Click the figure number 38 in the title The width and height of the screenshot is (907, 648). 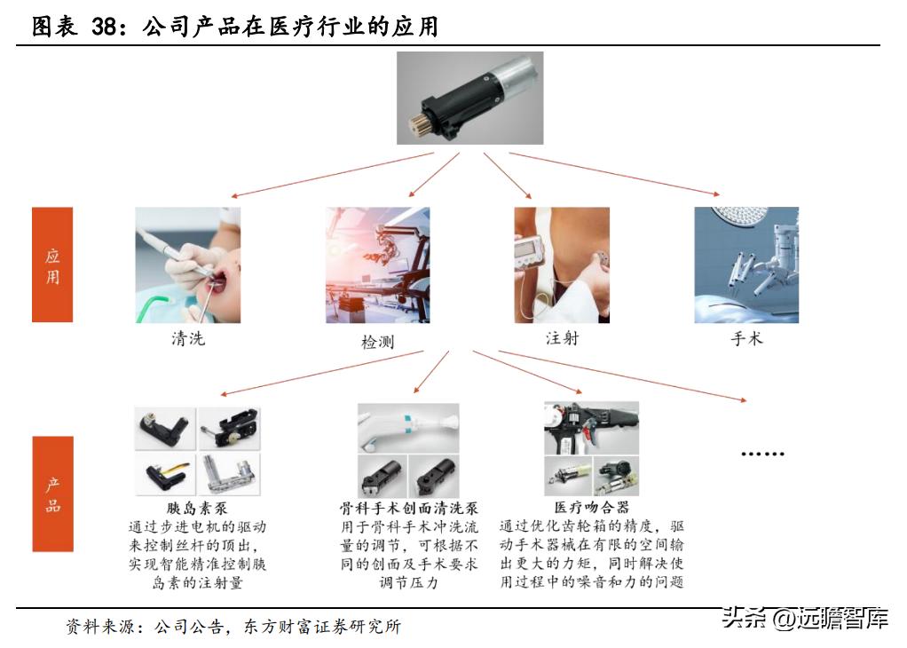pos(106,28)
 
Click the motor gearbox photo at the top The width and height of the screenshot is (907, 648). pos(469,98)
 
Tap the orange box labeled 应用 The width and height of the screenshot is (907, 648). pos(52,265)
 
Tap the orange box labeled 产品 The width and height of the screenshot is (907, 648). pos(52,494)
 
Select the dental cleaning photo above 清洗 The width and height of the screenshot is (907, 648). pos(187,265)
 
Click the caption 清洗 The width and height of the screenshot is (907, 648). pos(187,338)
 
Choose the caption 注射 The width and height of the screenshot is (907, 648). pos(562,338)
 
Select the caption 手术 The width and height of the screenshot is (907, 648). pos(746,338)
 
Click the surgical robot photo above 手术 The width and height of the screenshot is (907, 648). pos(746,265)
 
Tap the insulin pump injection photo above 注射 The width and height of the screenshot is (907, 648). pos(562,265)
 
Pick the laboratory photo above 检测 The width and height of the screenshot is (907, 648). pos(377,265)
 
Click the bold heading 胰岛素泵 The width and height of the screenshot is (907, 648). pos(197,508)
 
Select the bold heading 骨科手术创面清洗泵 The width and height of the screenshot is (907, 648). pos(409,509)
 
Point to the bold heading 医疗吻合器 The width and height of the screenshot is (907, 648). pos(592,508)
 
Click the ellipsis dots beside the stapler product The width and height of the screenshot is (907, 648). pos(762,454)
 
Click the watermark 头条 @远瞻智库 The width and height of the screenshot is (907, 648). pos(805,617)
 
